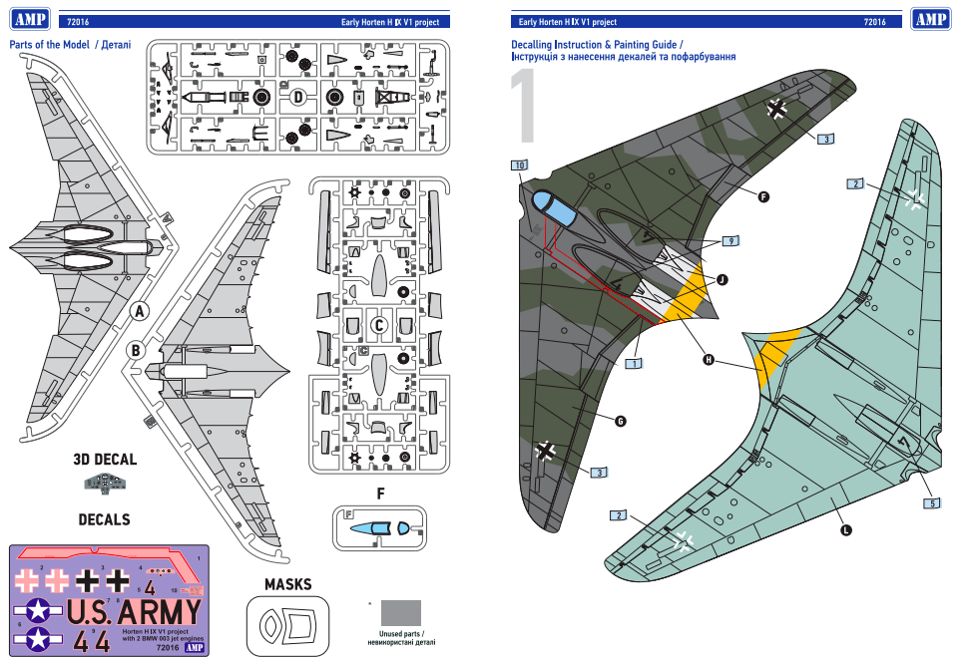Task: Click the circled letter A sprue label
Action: click(141, 311)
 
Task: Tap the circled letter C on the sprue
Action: click(378, 324)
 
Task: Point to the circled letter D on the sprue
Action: click(297, 97)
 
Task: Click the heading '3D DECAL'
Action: click(105, 460)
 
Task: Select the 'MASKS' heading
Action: click(287, 583)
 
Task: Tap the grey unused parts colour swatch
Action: click(400, 612)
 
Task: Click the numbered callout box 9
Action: click(731, 241)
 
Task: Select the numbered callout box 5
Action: click(932, 503)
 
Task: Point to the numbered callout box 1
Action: click(633, 364)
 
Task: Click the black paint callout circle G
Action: click(620, 422)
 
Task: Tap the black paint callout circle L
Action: click(846, 530)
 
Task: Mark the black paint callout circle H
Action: click(709, 359)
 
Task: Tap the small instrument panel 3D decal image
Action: click(104, 484)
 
